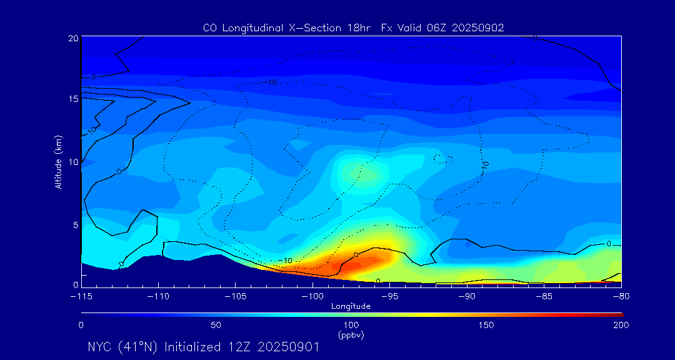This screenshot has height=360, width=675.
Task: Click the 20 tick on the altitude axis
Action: tap(73, 38)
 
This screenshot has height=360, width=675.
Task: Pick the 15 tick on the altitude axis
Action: tap(73, 99)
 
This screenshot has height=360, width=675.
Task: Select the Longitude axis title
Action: tap(351, 306)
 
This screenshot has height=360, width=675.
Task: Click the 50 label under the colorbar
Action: tap(216, 325)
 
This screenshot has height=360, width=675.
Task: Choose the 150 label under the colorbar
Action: tap(486, 325)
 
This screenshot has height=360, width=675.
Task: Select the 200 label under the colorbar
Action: tap(621, 325)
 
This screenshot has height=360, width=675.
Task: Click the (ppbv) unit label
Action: tap(351, 335)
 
